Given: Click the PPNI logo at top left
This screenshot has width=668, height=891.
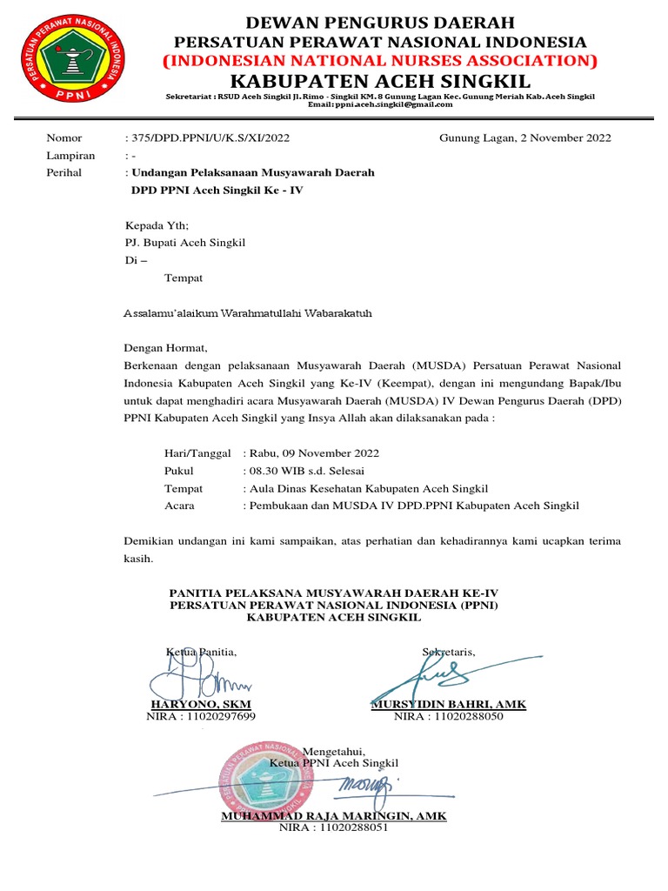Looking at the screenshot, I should click(x=71, y=58).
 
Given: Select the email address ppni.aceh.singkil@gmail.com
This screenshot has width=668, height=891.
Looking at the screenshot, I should click(x=380, y=104).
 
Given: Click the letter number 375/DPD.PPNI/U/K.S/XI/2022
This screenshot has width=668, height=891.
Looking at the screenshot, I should click(x=209, y=137).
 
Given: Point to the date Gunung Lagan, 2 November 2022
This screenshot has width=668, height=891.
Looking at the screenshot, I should click(x=524, y=137).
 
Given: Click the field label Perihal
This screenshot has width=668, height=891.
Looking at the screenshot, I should click(x=63, y=172).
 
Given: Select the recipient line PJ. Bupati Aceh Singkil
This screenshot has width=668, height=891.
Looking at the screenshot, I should click(x=185, y=243).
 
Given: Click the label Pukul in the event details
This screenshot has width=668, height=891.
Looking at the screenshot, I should click(x=179, y=471).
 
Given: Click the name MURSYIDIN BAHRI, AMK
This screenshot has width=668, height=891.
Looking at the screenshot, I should click(x=448, y=704).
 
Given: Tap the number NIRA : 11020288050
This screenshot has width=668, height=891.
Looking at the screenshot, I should click(x=448, y=716).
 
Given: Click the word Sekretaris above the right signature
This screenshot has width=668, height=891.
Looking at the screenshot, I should click(x=449, y=652).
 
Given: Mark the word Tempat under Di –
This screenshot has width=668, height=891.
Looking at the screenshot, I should click(x=184, y=278).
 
